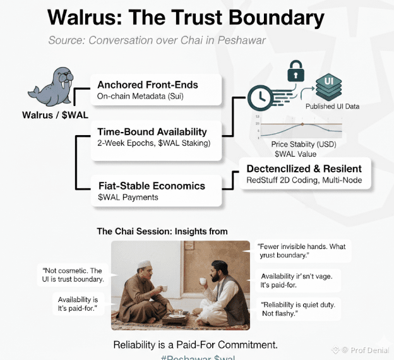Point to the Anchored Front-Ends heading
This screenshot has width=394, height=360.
coord(147,85)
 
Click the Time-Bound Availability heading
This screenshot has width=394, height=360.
coord(152,132)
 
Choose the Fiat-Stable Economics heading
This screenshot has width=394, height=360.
coord(151,186)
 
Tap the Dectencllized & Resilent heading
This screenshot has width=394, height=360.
coord(304,169)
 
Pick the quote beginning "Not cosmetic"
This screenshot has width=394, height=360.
coord(70,275)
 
